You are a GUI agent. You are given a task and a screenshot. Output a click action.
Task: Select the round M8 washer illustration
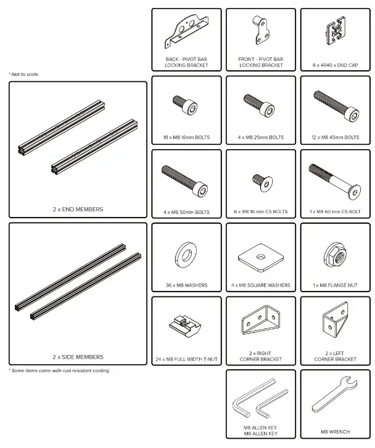(x=186, y=253)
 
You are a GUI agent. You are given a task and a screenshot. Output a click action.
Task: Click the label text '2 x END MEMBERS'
(x=78, y=210)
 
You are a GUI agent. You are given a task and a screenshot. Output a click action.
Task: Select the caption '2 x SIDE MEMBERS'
(x=78, y=357)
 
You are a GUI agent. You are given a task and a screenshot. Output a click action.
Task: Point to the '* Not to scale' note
(x=23, y=75)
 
